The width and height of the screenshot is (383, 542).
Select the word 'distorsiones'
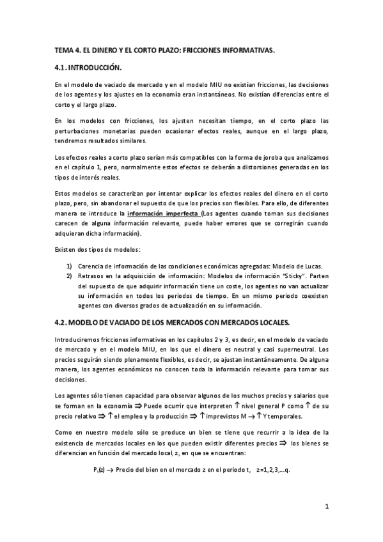tap(243, 167)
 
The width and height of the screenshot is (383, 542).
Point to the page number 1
tap(327, 508)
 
